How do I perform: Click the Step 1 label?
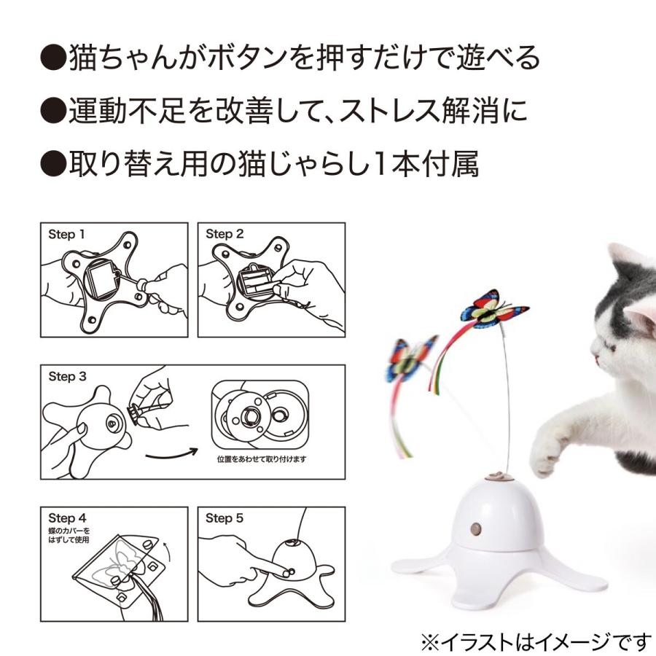66,235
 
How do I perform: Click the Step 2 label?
224,235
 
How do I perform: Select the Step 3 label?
66,377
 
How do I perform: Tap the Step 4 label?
66,518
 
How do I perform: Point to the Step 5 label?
224,518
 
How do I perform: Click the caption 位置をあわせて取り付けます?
263,460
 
